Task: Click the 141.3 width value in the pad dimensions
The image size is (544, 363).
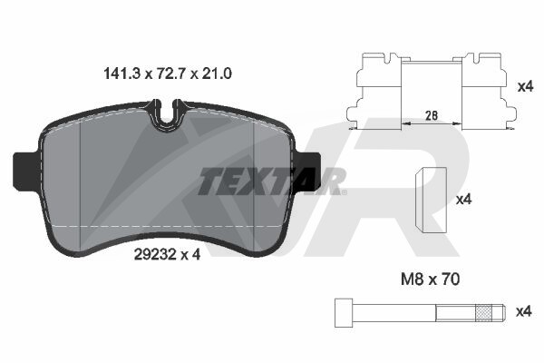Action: click(121, 74)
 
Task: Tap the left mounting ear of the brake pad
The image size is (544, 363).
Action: click(25, 171)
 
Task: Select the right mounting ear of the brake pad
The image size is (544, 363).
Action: click(308, 172)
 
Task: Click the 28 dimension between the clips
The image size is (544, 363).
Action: click(432, 115)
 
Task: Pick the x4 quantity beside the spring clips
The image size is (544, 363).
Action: click(525, 86)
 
